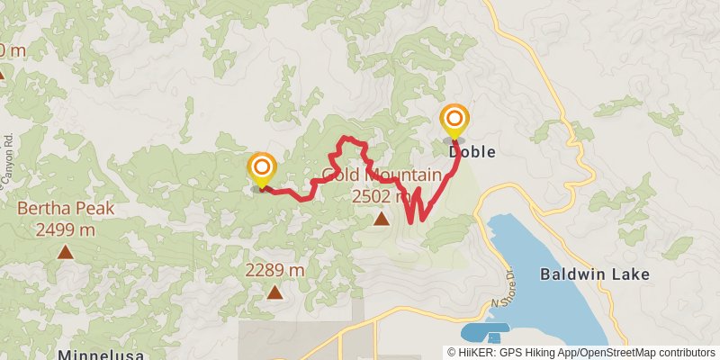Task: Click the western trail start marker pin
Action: [x=262, y=168]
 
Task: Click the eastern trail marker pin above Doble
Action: [x=454, y=121]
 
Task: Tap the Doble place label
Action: [x=472, y=152]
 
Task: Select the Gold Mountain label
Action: [x=382, y=175]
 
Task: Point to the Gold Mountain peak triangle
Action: [x=382, y=218]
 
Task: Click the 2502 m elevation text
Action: [x=382, y=195]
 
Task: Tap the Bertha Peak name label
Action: [x=66, y=209]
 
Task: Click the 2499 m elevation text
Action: [x=66, y=229]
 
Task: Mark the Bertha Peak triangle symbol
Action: [x=65, y=252]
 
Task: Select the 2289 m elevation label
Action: [x=274, y=270]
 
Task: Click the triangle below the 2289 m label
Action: [x=274, y=292]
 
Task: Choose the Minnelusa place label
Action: [x=101, y=355]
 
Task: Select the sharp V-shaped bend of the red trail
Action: [x=411, y=221]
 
